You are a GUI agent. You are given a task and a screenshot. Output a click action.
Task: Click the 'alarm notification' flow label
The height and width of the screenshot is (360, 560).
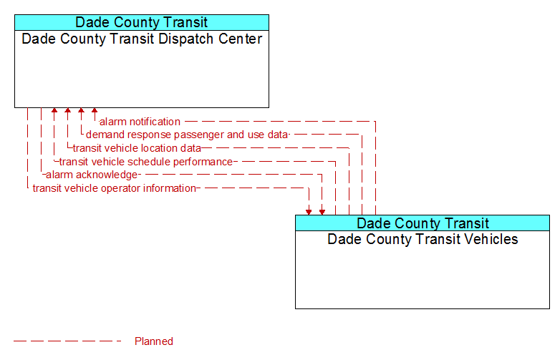click(x=140, y=122)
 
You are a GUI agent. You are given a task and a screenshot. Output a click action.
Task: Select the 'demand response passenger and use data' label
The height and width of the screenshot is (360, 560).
click(x=187, y=135)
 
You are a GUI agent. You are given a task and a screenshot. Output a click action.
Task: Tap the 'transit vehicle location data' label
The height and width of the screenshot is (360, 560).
click(x=137, y=148)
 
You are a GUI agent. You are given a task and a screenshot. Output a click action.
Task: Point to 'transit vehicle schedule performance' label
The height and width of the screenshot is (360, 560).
click(x=146, y=162)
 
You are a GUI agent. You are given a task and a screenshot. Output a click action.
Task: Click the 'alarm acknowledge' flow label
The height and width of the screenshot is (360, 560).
click(x=92, y=175)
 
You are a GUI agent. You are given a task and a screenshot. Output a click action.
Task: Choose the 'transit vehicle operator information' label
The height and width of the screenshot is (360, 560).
click(x=115, y=188)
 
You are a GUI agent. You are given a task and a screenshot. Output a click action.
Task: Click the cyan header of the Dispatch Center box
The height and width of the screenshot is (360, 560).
click(x=142, y=22)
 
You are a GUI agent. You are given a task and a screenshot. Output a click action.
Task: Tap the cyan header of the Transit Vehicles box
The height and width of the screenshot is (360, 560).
click(x=423, y=223)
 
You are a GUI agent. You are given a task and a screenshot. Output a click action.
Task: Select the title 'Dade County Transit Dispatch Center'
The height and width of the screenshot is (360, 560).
click(x=142, y=39)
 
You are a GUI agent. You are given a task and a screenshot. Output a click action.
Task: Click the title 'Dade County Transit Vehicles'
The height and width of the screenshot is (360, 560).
click(x=423, y=239)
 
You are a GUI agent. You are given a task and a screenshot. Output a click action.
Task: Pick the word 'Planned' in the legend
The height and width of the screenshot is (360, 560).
click(x=154, y=341)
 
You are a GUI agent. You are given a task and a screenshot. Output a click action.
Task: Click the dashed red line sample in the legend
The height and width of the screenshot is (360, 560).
click(x=67, y=341)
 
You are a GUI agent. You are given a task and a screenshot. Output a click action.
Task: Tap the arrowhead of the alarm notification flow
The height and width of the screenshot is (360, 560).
click(x=95, y=110)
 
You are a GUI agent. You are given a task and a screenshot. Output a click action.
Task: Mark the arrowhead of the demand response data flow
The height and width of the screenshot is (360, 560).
click(x=81, y=110)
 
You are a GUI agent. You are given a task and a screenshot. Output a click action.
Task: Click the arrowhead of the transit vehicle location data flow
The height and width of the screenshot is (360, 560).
click(x=67, y=110)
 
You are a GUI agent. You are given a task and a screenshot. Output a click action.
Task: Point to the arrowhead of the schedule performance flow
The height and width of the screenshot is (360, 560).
click(x=54, y=110)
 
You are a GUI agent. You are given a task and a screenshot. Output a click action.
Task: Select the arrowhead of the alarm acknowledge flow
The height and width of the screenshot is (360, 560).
click(x=322, y=213)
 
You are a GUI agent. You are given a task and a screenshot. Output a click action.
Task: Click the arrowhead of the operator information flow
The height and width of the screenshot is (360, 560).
click(x=309, y=213)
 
